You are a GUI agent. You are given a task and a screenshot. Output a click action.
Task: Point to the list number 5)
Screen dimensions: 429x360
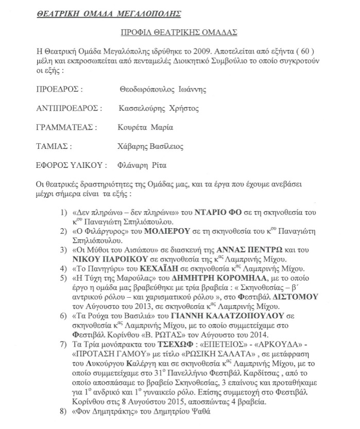click(x=64, y=278)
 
